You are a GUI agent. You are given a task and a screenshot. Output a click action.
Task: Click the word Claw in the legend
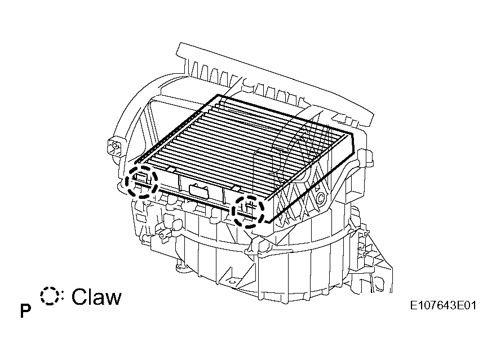(96, 297)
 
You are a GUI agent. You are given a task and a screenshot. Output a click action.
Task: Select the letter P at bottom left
(25, 311)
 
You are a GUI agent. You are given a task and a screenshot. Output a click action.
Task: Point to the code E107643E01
(443, 306)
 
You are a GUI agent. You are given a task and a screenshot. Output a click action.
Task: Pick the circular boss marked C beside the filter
(320, 198)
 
